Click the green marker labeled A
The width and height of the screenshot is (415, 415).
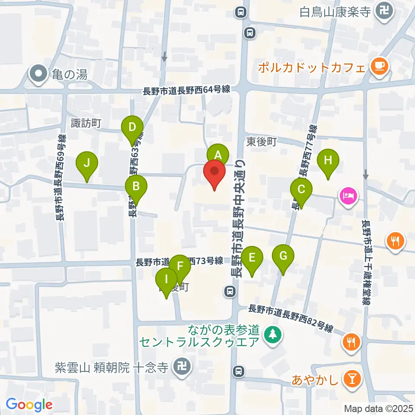[x=217, y=154]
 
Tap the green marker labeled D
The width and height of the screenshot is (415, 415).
[x=132, y=127]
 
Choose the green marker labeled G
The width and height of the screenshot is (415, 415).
[x=283, y=255]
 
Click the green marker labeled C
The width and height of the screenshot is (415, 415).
[x=301, y=189]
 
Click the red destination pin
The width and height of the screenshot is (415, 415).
[x=215, y=172]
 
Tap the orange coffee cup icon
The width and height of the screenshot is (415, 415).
[x=380, y=66]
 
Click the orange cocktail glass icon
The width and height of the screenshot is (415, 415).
[x=351, y=380]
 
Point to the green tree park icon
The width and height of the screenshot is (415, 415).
[x=272, y=334]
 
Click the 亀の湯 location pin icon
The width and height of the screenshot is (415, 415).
[x=38, y=74]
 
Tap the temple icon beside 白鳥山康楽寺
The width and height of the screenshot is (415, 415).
[x=384, y=11]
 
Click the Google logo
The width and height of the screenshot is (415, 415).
[x=29, y=405]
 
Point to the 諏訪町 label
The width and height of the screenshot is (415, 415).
[x=86, y=123]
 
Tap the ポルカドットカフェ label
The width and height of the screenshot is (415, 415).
[x=312, y=67]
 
